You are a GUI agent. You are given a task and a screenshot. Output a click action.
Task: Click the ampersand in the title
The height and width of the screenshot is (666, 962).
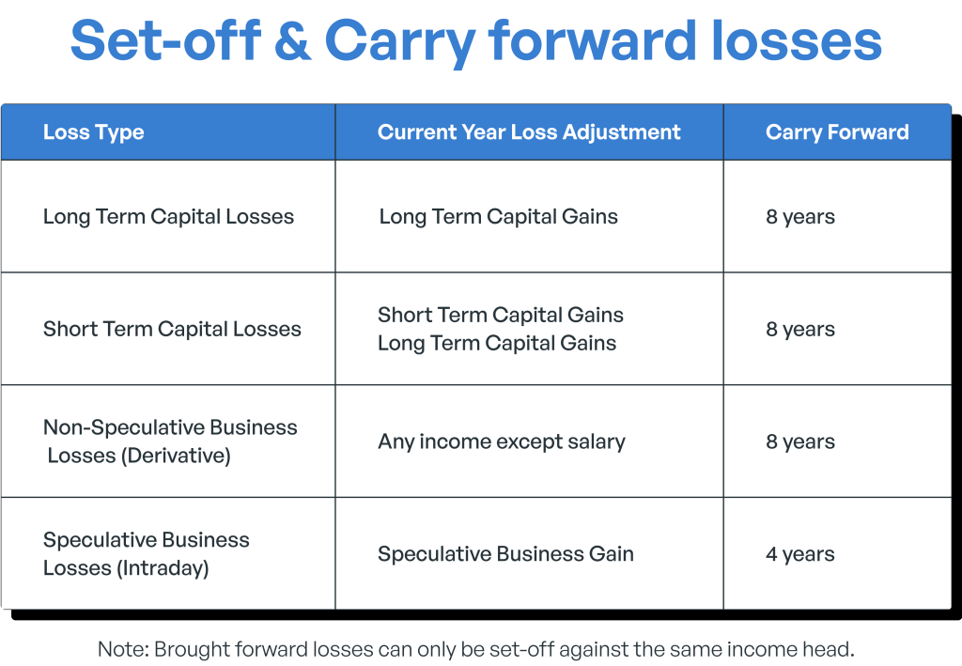(x=293, y=41)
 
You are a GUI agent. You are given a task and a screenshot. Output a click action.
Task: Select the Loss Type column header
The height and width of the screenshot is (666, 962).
(x=93, y=132)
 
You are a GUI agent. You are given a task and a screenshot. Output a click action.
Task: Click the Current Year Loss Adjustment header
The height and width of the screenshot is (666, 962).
(x=529, y=132)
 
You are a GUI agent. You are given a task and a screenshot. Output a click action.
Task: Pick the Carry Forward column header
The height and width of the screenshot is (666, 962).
(x=837, y=132)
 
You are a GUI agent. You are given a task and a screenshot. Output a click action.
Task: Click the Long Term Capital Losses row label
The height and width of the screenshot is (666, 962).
(x=168, y=216)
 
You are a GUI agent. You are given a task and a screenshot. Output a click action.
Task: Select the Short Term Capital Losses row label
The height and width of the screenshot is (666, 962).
(x=172, y=329)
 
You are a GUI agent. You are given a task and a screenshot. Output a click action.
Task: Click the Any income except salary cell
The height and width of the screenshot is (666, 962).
(x=502, y=441)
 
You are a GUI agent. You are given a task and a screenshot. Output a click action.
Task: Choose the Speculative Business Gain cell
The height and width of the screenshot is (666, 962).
(x=505, y=554)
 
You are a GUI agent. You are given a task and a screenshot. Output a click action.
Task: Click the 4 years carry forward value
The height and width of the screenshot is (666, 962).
(x=800, y=554)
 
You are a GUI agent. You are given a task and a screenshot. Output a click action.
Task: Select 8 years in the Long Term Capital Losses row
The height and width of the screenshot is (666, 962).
(x=800, y=217)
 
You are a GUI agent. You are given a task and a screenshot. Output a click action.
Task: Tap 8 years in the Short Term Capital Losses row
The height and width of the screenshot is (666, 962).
(x=800, y=330)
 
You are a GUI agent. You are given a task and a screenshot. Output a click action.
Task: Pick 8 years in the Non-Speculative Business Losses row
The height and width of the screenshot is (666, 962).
(x=800, y=442)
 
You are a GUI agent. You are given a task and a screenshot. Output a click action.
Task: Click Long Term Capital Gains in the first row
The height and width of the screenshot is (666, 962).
(x=498, y=216)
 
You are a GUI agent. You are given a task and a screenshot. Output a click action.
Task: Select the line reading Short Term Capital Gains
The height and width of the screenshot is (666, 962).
(x=501, y=315)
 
